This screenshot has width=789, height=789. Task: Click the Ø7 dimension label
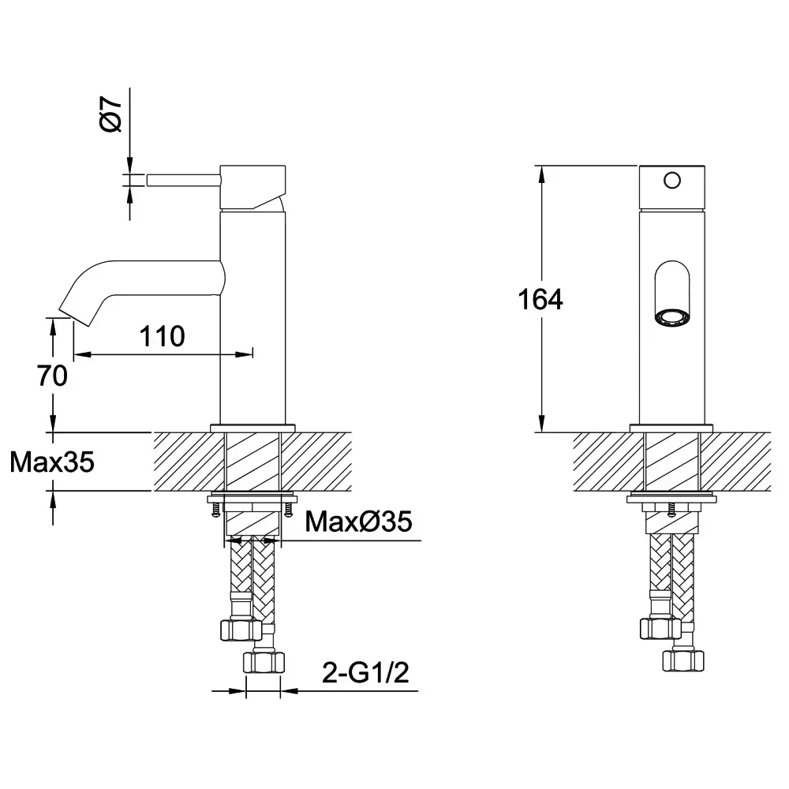coord(111,115)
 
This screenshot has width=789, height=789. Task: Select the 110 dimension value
coord(162,336)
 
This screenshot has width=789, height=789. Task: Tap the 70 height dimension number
coord(52,376)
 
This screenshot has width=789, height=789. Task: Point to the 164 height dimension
coord(540,299)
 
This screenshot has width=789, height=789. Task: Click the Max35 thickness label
coord(52,462)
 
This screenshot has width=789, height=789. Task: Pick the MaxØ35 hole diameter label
coord(359,522)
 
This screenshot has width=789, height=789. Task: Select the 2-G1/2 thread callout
coord(366,673)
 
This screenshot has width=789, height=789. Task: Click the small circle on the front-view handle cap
coord(672,180)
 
